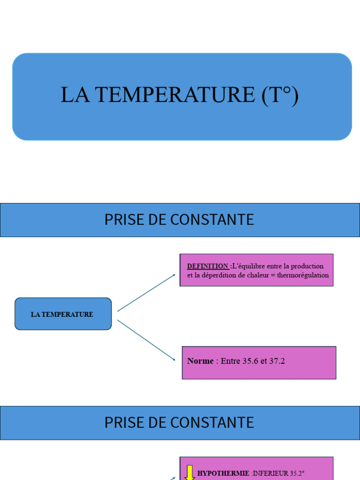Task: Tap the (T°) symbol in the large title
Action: click(280, 95)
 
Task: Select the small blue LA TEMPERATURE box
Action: click(63, 314)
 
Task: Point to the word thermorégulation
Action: click(303, 275)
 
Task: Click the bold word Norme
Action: click(200, 361)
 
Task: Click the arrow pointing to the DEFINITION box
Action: click(146, 292)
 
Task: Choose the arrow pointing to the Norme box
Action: click(146, 340)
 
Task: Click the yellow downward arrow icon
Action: click(190, 472)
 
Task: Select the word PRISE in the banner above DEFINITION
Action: click(120, 220)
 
